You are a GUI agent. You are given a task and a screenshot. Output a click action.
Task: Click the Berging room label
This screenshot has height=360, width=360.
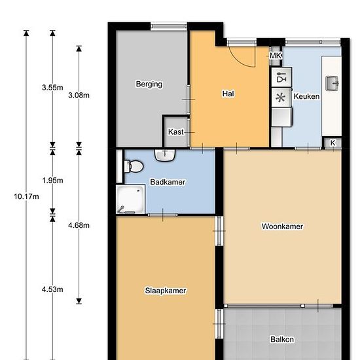149,84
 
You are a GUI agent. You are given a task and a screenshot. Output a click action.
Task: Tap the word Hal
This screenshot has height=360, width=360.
228,94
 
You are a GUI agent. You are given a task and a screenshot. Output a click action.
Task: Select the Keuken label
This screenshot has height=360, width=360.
306,96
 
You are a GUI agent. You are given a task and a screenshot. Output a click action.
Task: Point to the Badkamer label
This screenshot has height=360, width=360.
168,182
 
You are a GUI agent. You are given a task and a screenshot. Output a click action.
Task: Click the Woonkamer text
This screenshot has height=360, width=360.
282,226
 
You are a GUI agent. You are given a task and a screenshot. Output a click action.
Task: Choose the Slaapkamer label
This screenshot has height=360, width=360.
166,291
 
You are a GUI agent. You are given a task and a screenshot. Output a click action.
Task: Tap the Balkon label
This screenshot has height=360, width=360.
282,339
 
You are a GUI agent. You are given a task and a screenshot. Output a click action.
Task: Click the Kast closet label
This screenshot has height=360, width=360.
176,132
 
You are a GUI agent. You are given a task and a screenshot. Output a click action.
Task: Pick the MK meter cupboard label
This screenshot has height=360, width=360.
276,56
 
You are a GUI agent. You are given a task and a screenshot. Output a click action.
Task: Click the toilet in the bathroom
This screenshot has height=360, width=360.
134,166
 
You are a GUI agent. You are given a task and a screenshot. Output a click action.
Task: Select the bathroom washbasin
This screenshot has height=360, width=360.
165,155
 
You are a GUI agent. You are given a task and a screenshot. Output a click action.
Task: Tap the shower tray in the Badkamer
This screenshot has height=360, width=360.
130,199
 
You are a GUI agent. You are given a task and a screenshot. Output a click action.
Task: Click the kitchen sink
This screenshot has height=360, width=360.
332,83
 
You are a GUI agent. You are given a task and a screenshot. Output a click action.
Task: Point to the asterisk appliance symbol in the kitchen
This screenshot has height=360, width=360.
280,98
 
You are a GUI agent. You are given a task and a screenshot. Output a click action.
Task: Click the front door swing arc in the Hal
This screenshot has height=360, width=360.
243,60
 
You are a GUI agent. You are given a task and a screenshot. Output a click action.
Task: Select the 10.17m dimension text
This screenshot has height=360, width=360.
26,197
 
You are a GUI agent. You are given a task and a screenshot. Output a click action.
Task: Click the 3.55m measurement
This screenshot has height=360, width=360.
52,88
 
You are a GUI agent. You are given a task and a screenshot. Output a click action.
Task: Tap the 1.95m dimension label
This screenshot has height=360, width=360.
52,181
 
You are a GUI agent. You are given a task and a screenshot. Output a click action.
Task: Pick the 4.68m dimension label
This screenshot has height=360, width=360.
79,225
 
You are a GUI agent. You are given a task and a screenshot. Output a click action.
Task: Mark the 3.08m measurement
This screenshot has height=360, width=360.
79,95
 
